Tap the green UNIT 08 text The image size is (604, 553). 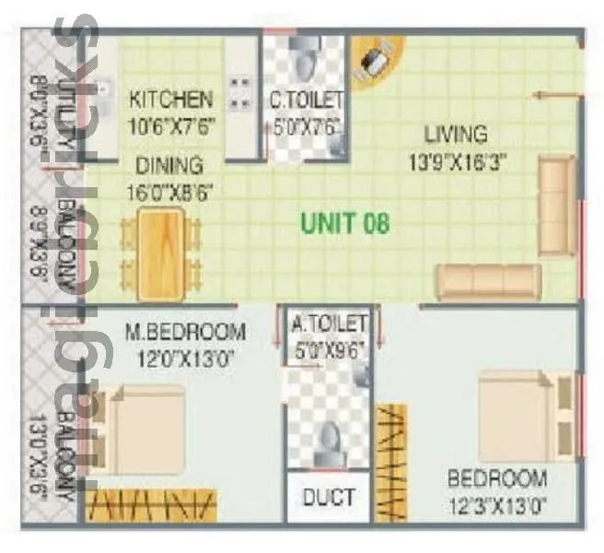coord(345,222)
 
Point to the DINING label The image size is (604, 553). coord(168,167)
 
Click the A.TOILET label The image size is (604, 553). coord(329,323)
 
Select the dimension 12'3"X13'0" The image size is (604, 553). coord(497,505)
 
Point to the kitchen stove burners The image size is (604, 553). coord(239,92)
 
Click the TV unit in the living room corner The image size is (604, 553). coord(375,61)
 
